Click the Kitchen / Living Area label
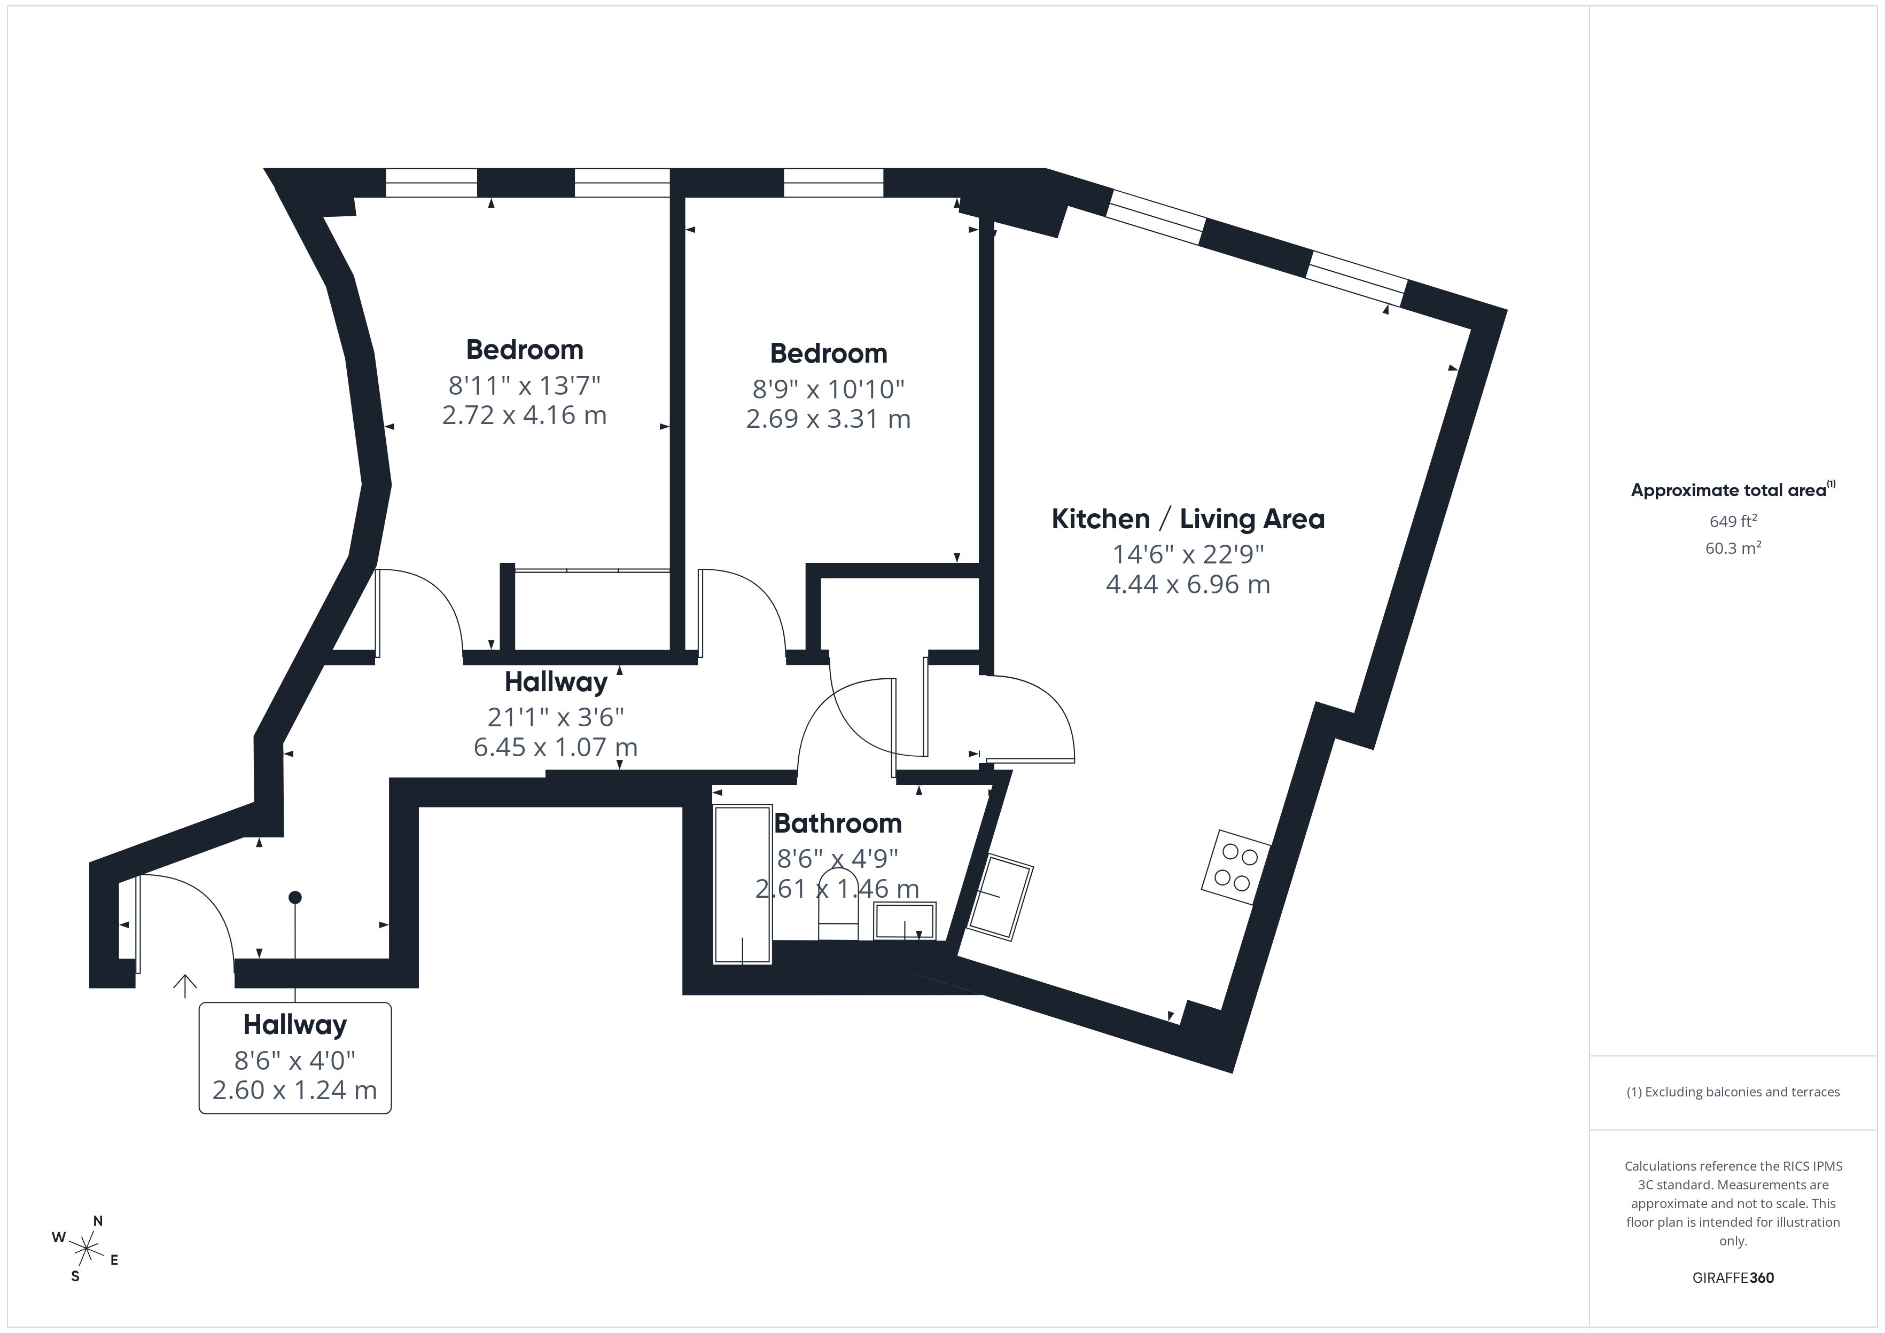tap(1187, 519)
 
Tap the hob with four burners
tap(1236, 868)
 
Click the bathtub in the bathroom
tap(742, 883)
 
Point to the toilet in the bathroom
tap(838, 918)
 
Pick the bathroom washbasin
tap(904, 921)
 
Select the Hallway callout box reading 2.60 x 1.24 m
tap(295, 1058)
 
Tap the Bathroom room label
tap(837, 822)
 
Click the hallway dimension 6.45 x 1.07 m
tap(555, 747)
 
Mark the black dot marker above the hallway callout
tap(295, 897)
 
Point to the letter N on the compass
tap(98, 1220)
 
